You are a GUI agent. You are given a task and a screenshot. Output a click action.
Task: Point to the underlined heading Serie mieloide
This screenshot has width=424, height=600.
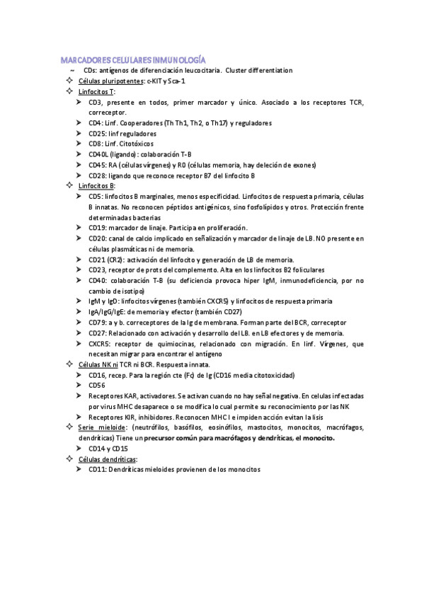pyautogui.click(x=100, y=427)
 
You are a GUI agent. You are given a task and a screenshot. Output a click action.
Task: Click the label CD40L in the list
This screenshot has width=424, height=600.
pyautogui.click(x=98, y=154)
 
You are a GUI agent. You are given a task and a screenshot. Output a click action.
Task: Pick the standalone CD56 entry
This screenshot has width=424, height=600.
pyautogui.click(x=96, y=386)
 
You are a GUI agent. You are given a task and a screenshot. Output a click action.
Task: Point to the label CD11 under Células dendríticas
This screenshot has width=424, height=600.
pyautogui.click(x=96, y=469)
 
